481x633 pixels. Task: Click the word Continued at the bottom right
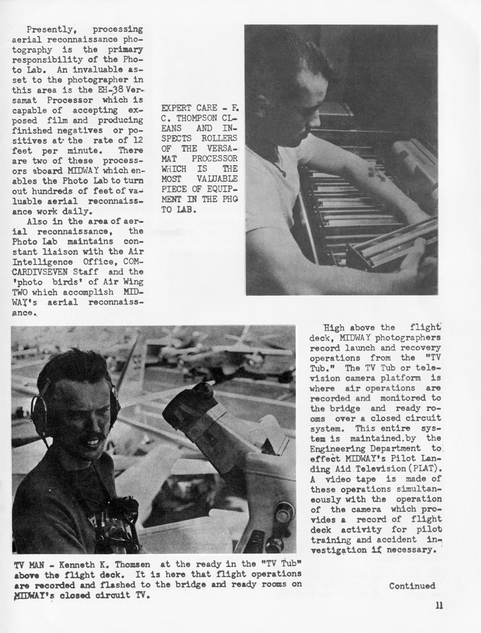coord(412,586)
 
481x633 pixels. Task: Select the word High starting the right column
coord(334,327)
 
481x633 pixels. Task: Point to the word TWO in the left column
coord(20,292)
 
